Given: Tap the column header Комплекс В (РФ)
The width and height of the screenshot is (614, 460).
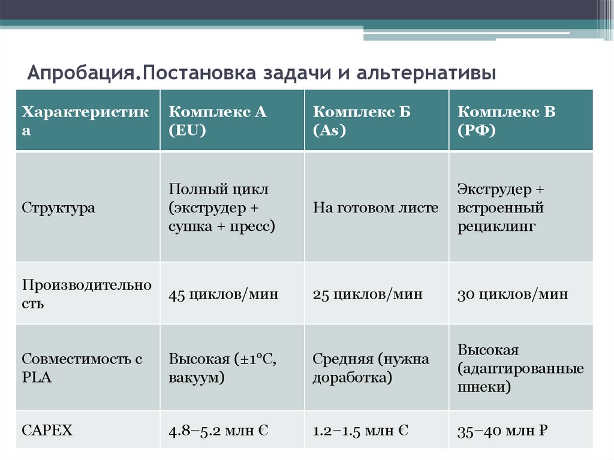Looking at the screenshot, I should pos(507,121).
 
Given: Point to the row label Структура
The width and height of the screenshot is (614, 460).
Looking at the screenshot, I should pos(59,208).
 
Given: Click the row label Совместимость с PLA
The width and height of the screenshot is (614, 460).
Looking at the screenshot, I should pos(82,368).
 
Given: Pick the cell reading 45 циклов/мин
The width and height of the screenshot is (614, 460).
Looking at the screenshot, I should pos(223,294).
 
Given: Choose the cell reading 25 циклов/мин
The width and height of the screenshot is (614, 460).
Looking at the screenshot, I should pos(368,294).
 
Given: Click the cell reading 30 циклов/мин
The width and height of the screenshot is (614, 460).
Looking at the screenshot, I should pos(513,294).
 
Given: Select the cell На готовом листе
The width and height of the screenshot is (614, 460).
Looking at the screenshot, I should pos(375,208).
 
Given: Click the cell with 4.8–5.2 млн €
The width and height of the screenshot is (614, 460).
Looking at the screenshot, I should pos(218,430).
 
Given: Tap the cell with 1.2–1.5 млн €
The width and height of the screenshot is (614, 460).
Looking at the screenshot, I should pos(361,430).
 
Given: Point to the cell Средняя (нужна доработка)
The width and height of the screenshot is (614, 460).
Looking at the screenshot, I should pos(371,368).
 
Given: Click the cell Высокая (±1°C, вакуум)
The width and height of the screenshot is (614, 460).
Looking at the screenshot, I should pos(222,368).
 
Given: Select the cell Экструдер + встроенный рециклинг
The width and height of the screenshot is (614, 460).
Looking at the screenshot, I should pos(501,208).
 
